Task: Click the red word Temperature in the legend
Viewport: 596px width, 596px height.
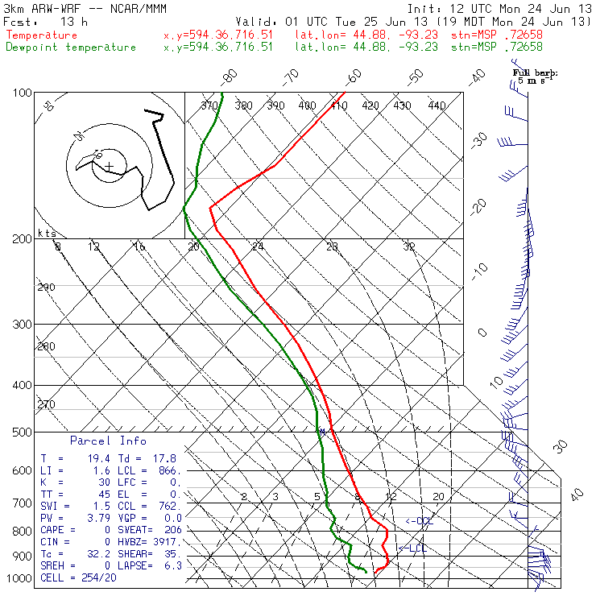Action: pos(42,35)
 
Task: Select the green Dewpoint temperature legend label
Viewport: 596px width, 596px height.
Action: pos(71,47)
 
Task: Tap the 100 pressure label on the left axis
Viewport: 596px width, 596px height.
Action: pos(22,93)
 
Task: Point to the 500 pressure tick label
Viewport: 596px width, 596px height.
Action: pos(22,433)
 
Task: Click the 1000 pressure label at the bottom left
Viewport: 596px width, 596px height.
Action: pos(19,578)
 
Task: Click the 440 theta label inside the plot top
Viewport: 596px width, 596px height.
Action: pos(437,106)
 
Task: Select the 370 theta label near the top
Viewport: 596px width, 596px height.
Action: pos(209,106)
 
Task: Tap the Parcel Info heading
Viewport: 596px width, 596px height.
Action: pos(108,441)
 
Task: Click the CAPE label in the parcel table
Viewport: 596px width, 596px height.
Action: pos(54,530)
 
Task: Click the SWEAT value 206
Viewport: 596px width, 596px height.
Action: pos(172,530)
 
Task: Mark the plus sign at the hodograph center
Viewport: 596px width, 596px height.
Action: pos(109,166)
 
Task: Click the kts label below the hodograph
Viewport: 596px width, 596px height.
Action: pos(46,233)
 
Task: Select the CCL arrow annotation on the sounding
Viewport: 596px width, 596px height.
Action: pos(419,521)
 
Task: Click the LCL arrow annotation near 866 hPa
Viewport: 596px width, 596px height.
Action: pos(412,548)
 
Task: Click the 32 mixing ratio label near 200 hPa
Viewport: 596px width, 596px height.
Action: pos(409,246)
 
